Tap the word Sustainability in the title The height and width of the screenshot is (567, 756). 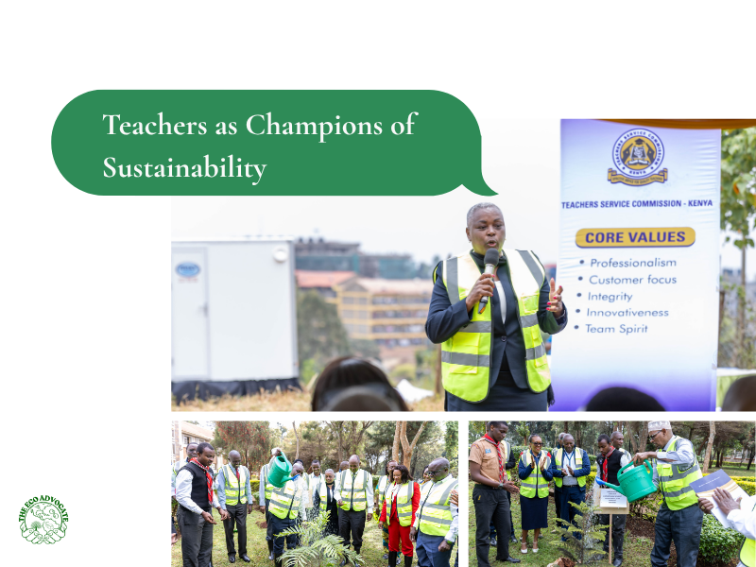coord(184,168)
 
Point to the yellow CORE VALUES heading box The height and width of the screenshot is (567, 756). coord(635,236)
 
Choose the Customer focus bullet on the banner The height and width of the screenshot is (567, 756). coord(633,280)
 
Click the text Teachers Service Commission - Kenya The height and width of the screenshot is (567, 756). coord(637,203)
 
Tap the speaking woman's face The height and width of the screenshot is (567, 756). coord(485,230)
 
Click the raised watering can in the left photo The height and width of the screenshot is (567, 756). coord(279,469)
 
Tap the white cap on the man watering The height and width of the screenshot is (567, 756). coord(659,426)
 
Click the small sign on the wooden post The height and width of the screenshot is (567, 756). coord(612,497)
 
